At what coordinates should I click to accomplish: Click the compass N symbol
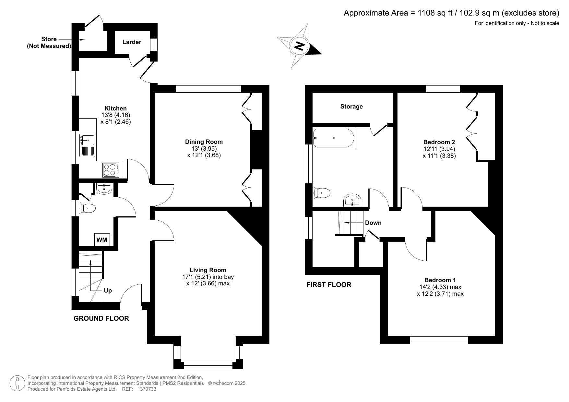299,46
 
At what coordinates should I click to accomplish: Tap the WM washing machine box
102,240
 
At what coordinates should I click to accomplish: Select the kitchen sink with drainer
88,145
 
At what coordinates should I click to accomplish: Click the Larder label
132,42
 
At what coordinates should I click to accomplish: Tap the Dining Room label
204,142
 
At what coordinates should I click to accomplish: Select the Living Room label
208,270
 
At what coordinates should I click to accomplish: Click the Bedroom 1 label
440,280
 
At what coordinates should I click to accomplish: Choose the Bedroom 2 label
439,142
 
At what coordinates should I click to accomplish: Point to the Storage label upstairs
351,107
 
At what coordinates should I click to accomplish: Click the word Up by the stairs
108,291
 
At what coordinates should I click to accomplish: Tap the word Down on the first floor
373,223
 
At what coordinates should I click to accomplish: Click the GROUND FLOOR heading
101,318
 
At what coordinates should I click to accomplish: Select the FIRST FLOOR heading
329,285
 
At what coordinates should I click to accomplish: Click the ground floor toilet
88,208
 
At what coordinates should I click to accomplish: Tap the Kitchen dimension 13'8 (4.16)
116,115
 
